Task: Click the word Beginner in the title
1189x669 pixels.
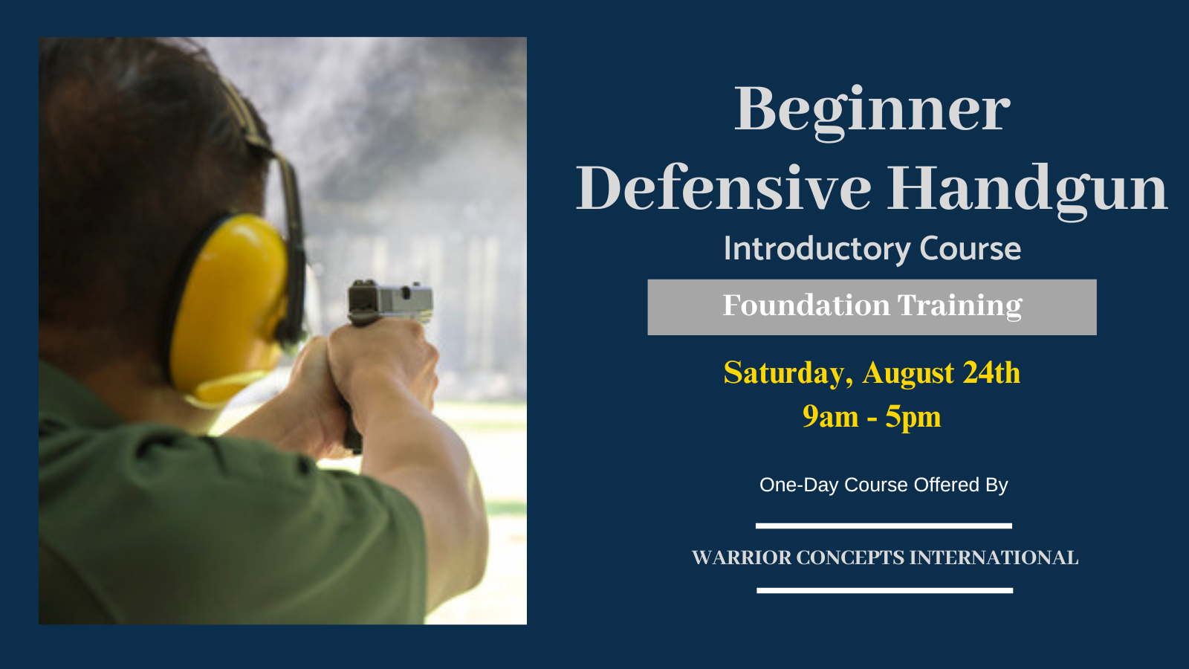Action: click(x=872, y=111)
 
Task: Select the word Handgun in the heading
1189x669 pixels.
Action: click(x=1028, y=191)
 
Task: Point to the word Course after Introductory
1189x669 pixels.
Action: click(x=971, y=248)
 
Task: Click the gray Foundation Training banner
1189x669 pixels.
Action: click(x=872, y=307)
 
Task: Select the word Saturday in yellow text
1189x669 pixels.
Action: click(x=788, y=373)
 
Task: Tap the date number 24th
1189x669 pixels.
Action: click(x=991, y=372)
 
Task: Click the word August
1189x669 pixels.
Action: click(x=908, y=374)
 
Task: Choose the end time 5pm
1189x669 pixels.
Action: click(x=913, y=417)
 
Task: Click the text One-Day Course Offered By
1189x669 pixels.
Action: click(x=884, y=485)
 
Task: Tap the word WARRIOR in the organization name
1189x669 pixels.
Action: click(x=742, y=557)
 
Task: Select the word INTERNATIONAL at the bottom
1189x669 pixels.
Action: click(x=994, y=557)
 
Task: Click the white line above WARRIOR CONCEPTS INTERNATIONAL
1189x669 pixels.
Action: click(x=884, y=526)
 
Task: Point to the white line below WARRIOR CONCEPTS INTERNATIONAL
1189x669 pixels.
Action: click(x=885, y=590)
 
